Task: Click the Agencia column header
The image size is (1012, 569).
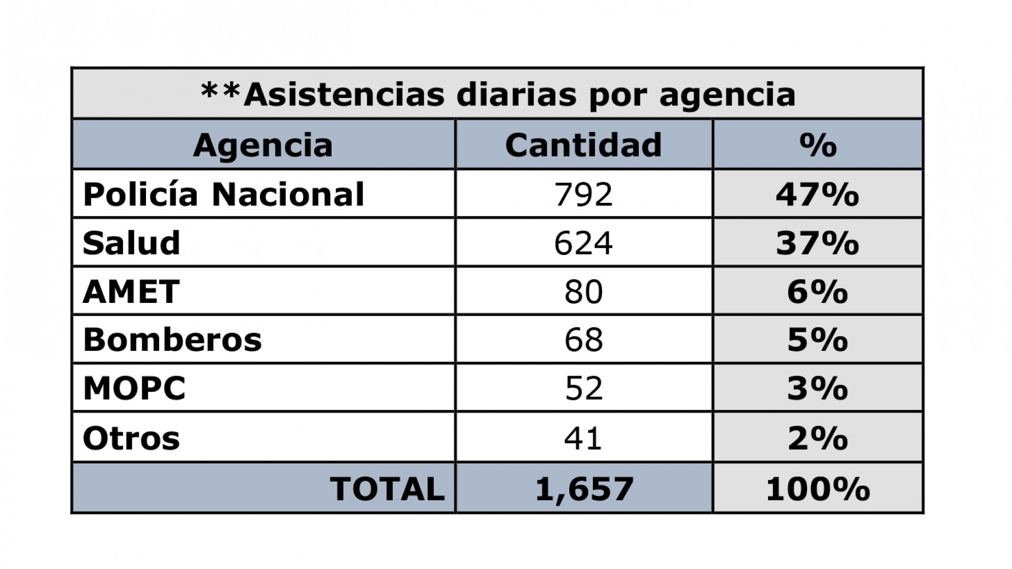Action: tap(263, 145)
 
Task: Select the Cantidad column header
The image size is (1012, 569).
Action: tap(583, 145)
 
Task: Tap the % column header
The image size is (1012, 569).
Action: tap(818, 145)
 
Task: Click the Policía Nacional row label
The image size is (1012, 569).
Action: tap(223, 194)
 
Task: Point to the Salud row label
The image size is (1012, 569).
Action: tap(132, 243)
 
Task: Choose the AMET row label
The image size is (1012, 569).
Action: tap(131, 291)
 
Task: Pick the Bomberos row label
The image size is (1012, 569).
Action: tap(172, 340)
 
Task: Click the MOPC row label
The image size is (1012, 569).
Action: tap(134, 388)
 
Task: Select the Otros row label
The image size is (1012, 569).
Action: tap(131, 438)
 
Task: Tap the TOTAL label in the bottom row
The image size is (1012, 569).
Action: tap(387, 488)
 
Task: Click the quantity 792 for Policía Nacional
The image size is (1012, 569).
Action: tap(583, 194)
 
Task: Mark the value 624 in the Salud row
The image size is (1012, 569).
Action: tap(583, 243)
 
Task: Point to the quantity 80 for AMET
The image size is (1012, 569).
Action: tap(583, 291)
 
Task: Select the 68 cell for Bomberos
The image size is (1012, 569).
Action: tap(583, 340)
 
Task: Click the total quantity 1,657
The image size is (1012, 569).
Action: tap(584, 488)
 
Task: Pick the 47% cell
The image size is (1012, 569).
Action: tap(818, 194)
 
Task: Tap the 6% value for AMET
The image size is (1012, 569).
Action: tap(818, 291)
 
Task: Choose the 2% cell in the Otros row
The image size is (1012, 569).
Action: tap(818, 438)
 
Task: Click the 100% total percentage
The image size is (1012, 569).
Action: tap(818, 488)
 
